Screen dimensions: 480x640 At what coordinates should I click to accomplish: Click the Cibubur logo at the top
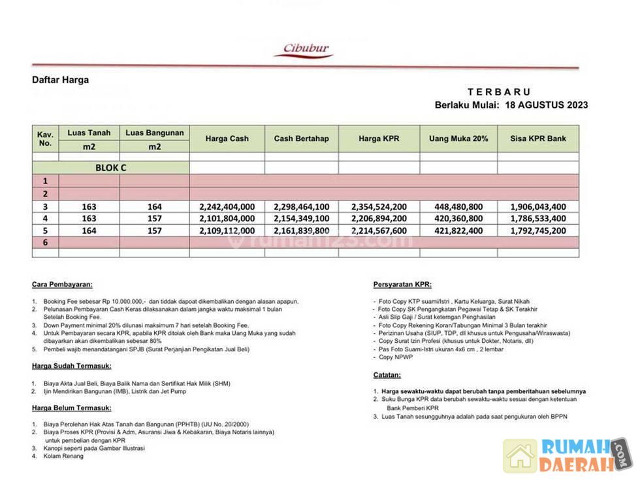point(306,50)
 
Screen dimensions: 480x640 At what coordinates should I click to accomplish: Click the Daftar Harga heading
point(60,80)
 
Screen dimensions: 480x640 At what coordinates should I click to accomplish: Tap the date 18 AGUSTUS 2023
point(547,104)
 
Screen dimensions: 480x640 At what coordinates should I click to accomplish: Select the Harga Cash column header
point(227,138)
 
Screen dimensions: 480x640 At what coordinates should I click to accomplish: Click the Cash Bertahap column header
point(301,138)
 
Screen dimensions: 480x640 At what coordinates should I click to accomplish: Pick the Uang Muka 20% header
point(458,138)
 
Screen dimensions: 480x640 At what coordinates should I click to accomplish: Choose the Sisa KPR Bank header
point(538,138)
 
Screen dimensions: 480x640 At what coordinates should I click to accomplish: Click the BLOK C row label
point(110,168)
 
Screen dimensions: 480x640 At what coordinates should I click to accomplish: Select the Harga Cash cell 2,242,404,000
point(227,206)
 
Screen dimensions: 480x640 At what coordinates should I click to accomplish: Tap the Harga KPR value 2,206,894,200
point(379,218)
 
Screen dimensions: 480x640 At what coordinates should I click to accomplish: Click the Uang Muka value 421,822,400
point(458,231)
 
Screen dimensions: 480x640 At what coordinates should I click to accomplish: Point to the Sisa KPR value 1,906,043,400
point(538,206)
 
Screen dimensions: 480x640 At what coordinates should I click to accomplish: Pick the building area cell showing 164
point(154,206)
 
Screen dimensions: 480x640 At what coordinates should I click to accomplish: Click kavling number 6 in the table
point(45,242)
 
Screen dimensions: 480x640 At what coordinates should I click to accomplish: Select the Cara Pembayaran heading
point(62,285)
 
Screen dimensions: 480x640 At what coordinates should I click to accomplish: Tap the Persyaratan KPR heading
point(402,285)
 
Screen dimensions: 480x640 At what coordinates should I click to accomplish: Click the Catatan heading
point(387,375)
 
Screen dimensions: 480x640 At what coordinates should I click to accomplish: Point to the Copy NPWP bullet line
point(395,357)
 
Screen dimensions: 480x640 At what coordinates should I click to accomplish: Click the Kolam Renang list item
point(63,456)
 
